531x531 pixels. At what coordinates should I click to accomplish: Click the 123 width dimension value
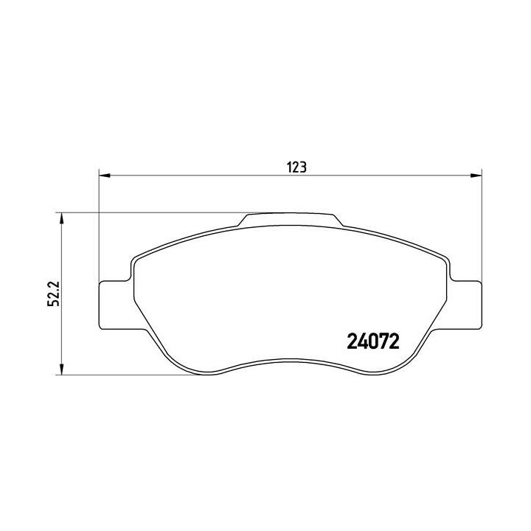(x=296, y=167)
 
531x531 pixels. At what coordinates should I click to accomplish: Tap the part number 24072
(x=372, y=342)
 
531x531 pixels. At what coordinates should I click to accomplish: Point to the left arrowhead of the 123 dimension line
(x=103, y=176)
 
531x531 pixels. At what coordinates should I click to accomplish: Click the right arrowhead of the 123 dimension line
(x=476, y=176)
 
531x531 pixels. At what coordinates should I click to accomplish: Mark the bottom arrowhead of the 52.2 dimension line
(x=62, y=371)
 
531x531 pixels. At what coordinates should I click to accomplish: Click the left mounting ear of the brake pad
(x=115, y=304)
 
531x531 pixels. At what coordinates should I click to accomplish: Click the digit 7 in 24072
(x=383, y=342)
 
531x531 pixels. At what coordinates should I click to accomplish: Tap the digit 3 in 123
(x=303, y=167)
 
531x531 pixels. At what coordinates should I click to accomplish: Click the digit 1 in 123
(x=289, y=167)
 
